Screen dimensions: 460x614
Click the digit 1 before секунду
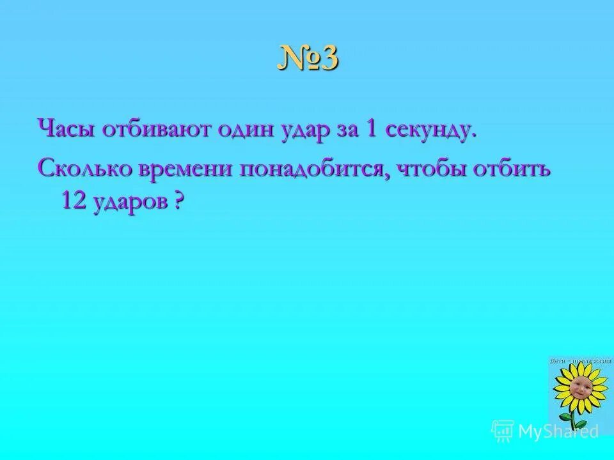(x=370, y=130)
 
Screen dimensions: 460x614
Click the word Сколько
(x=82, y=169)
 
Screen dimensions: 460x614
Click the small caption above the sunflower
(x=581, y=361)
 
